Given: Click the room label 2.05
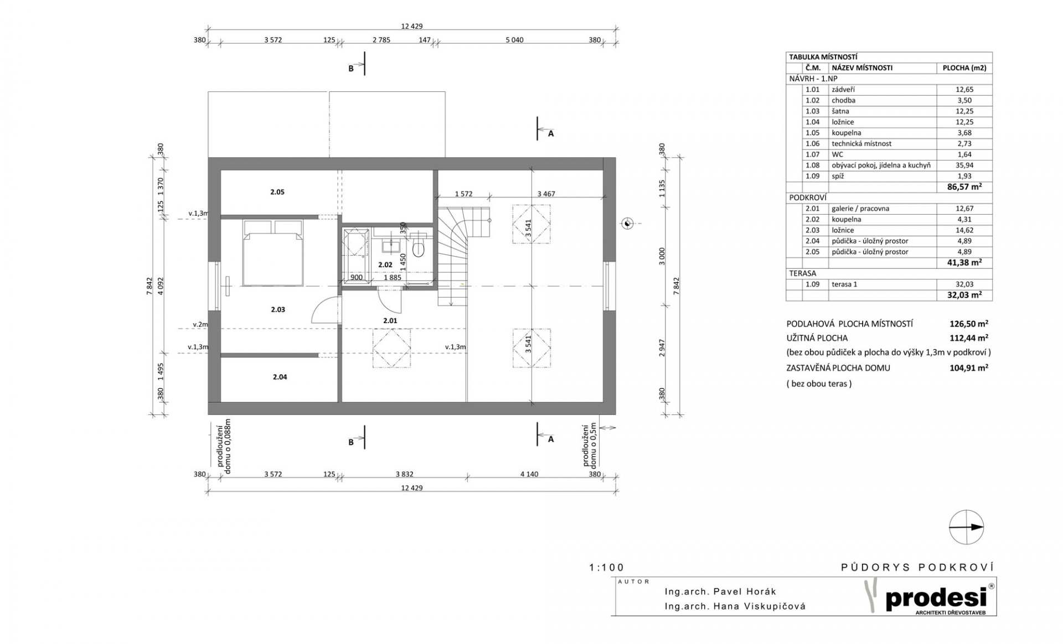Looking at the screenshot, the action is tap(277, 192).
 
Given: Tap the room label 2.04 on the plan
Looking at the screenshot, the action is tap(280, 377).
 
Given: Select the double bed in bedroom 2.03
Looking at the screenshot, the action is tap(272, 253).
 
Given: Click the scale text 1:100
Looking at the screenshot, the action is tap(607, 568).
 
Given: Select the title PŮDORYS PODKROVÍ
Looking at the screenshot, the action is tap(917, 567).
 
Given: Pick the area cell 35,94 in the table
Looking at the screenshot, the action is tap(964, 165).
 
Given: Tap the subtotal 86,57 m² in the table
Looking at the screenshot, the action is tap(964, 187).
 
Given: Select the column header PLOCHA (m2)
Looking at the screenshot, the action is tap(964, 68).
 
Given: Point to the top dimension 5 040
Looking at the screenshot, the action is tap(514, 40).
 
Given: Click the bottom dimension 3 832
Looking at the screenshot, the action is tap(404, 474).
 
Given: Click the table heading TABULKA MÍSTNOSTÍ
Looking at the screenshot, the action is tap(823, 57).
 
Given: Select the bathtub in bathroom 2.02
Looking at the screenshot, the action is tap(355, 256).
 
